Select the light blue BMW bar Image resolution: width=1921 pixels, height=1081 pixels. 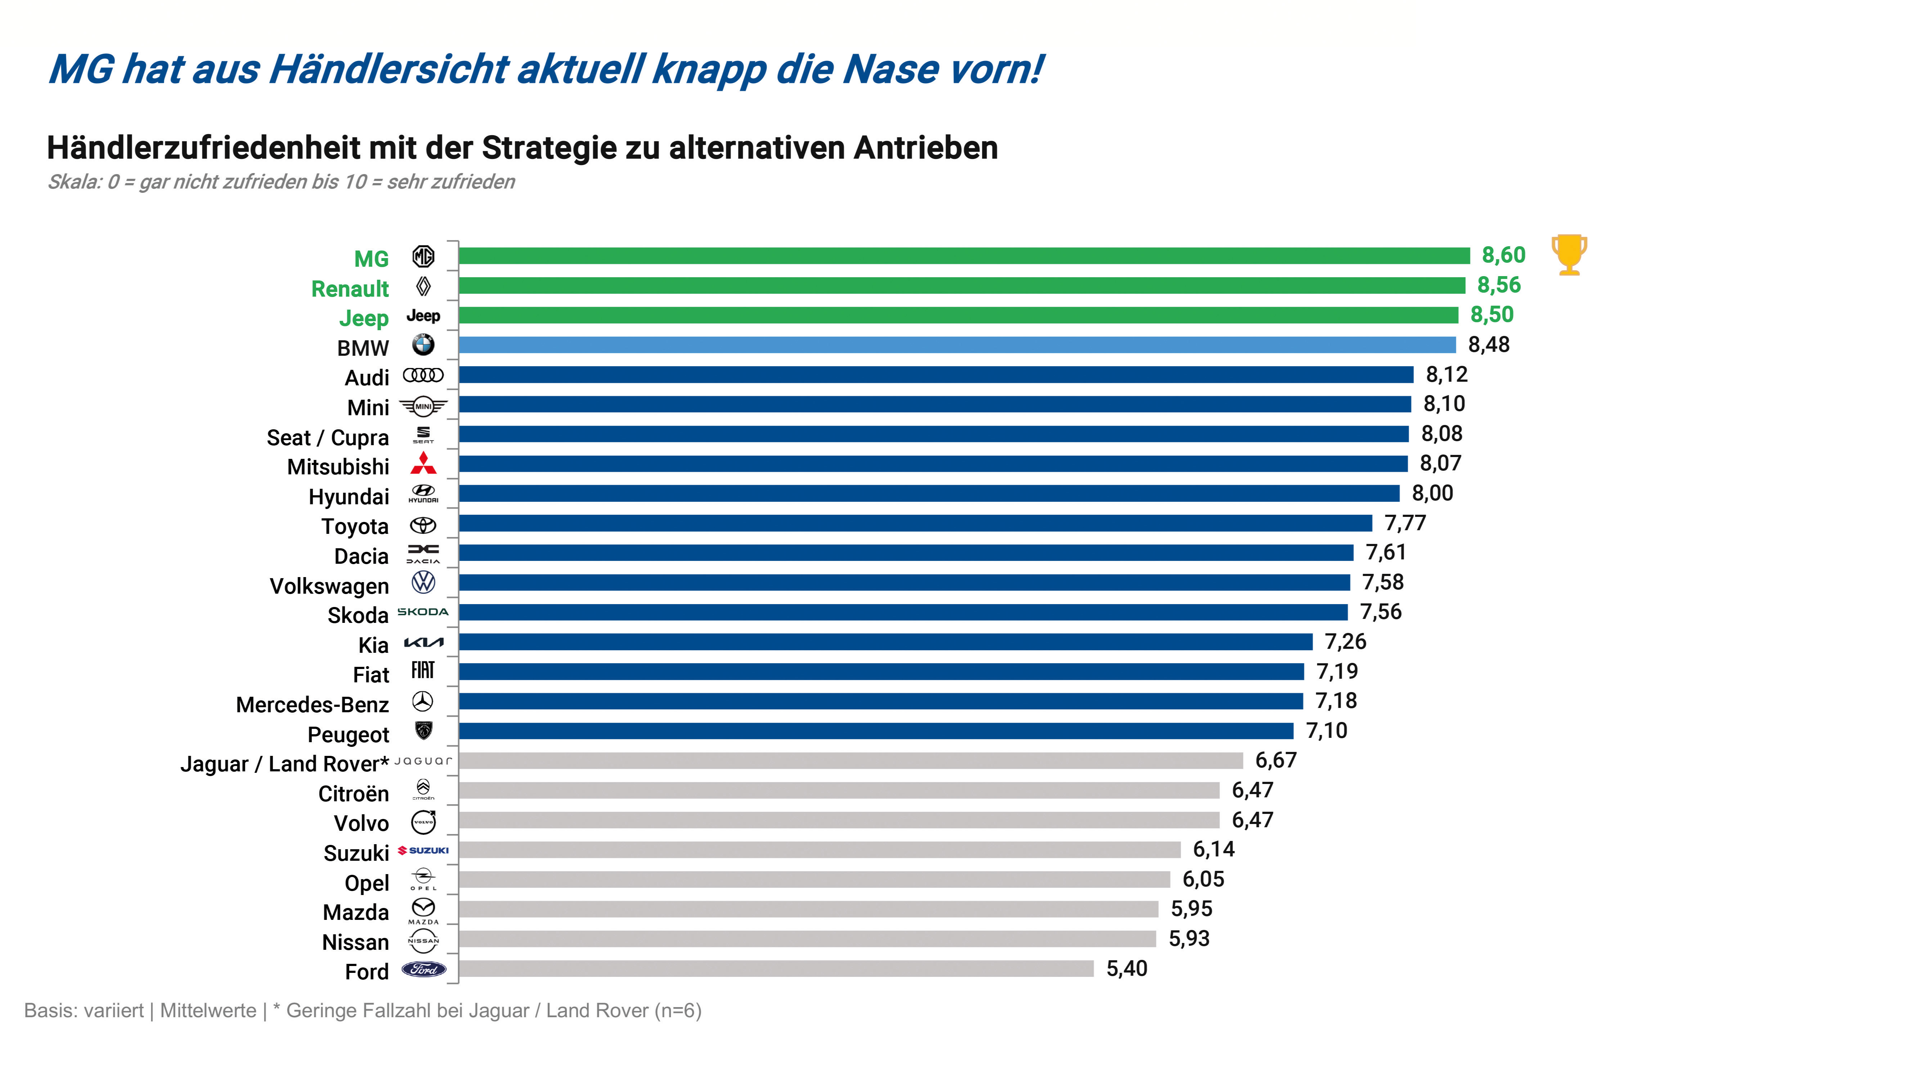point(957,345)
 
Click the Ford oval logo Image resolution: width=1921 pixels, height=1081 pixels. point(424,969)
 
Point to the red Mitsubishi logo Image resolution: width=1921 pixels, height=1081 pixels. point(424,463)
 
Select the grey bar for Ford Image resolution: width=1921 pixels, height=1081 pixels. point(776,968)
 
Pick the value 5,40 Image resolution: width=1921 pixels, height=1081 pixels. point(1126,968)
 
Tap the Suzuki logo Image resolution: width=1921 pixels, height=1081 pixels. point(424,850)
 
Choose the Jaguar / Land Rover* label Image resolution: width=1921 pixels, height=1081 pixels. point(284,764)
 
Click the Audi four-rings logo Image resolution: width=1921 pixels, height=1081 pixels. point(424,375)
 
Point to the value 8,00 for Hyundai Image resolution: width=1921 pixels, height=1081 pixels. point(1432,493)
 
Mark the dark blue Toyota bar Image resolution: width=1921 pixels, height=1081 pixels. point(915,523)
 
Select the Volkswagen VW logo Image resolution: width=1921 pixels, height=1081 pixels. point(424,582)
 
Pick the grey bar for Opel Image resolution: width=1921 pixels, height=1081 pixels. point(814,880)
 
